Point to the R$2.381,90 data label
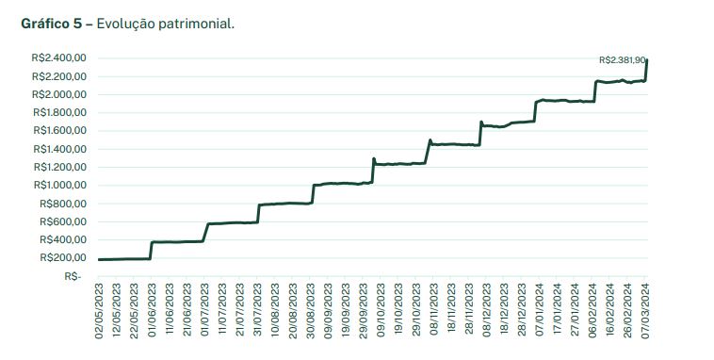tap(622, 59)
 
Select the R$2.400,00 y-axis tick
tap(59, 58)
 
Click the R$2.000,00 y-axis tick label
tap(59, 94)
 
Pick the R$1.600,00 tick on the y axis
tap(59, 131)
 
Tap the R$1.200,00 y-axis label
tap(59, 167)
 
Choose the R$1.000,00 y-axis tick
tap(59, 185)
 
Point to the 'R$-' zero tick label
tap(73, 276)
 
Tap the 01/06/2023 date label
tap(152, 310)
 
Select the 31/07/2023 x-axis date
tap(258, 310)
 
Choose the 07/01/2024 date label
tap(540, 310)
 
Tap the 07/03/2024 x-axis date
tap(646, 310)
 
